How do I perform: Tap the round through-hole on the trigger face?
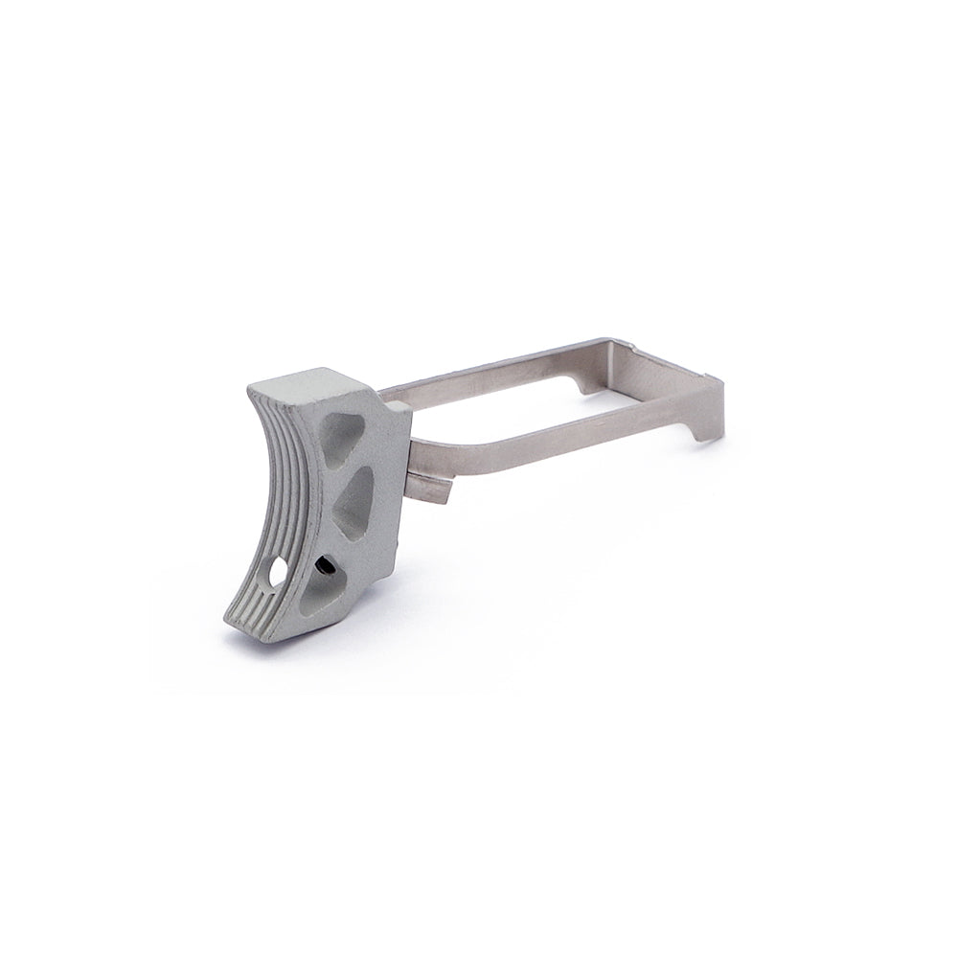pos(279,572)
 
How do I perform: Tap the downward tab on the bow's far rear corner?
pos(582,383)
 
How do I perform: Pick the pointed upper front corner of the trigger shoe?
pos(252,391)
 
